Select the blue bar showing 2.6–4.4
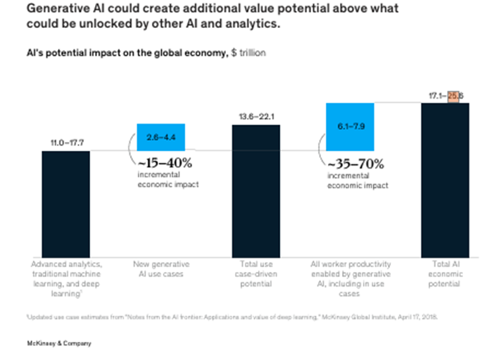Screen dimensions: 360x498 point(160,137)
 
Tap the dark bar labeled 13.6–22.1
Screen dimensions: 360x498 point(256,190)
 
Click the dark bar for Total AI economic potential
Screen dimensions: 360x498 point(445,180)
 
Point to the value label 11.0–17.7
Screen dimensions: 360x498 point(66,143)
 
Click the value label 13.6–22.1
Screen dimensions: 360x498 point(256,117)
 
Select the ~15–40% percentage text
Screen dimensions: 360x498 point(163,162)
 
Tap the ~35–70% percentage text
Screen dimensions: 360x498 point(354,162)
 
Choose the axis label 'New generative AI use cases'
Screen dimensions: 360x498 point(160,269)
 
